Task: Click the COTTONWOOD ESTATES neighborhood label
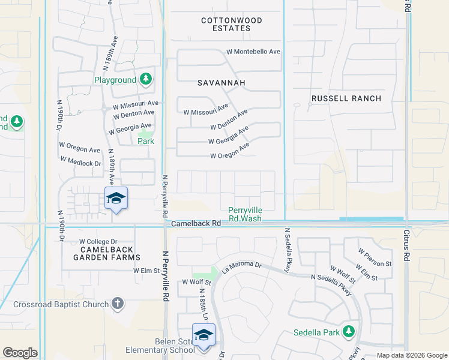click(232, 25)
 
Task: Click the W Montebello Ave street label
click(253, 52)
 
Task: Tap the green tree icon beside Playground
click(145, 79)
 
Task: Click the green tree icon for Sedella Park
click(349, 332)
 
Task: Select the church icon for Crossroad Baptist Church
click(118, 304)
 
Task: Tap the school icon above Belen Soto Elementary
click(203, 335)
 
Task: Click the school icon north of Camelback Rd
click(116, 199)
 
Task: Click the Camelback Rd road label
click(196, 223)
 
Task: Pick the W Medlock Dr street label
click(81, 160)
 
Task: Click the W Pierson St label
click(375, 256)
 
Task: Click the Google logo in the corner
click(20, 353)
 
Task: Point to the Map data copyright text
click(411, 355)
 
